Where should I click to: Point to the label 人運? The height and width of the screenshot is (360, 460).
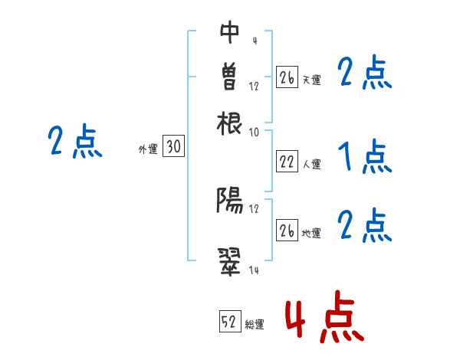[x=311, y=164]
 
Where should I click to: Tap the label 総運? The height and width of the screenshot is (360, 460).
[x=255, y=325]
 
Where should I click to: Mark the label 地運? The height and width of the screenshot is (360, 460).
[x=311, y=233]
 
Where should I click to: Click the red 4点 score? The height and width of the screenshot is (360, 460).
[x=324, y=316]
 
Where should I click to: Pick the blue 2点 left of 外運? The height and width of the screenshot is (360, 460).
[x=74, y=142]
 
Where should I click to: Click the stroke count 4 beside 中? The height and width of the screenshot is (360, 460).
[x=254, y=40]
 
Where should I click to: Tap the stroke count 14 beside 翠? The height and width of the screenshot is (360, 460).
[x=255, y=270]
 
